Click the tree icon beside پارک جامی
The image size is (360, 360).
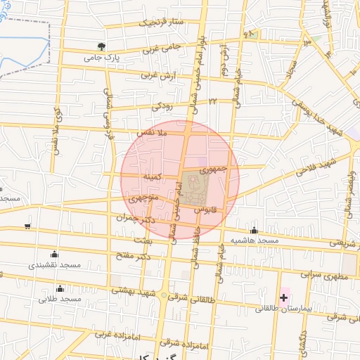point(103,46)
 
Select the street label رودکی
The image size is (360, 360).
point(162,106)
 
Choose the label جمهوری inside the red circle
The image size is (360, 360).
point(214,169)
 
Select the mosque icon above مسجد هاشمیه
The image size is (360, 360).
point(254,230)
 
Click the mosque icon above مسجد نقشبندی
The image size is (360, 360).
point(55,254)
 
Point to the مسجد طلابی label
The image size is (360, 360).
point(61,300)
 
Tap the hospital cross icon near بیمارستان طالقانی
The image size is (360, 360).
point(283,298)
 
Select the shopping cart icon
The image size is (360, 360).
point(27,226)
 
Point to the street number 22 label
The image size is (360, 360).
point(211,103)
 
